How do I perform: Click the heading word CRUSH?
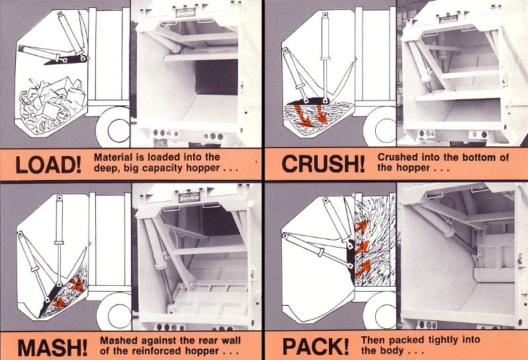point(324,163)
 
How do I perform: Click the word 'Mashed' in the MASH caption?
point(115,340)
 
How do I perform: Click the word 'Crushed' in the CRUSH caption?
point(400,157)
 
